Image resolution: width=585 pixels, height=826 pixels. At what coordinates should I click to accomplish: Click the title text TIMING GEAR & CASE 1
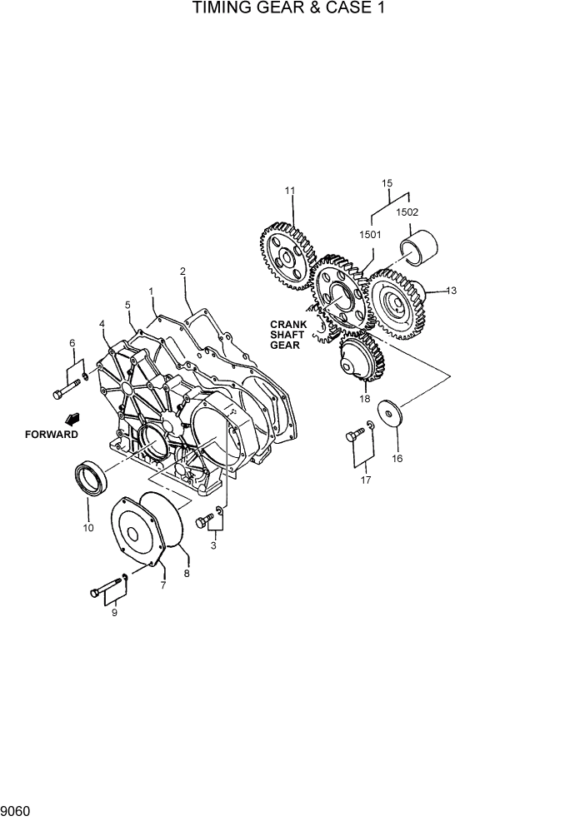pos(291,10)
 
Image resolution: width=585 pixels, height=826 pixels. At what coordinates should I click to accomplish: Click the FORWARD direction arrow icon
pos(72,418)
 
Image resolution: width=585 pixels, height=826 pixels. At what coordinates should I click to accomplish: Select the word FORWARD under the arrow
pos(52,434)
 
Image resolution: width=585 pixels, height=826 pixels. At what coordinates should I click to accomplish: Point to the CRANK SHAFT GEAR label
pos(287,336)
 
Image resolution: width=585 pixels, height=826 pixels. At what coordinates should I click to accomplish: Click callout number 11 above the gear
pos(290,191)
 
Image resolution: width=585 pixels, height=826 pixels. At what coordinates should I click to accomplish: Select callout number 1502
pos(407,212)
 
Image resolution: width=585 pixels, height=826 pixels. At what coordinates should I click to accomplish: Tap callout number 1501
pos(370,235)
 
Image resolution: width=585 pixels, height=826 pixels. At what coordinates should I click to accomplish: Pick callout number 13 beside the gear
pos(451,291)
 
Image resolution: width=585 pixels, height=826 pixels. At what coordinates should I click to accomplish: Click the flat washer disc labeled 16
pos(389,413)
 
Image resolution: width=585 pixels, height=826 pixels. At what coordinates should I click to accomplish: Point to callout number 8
pos(187,574)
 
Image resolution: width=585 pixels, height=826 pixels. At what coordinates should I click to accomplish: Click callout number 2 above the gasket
pos(182,271)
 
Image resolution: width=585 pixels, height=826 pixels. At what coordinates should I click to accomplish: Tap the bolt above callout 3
pos(202,522)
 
